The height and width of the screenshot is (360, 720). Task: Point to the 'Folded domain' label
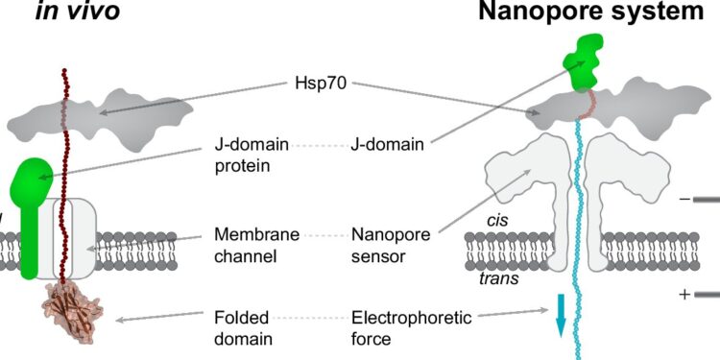tap(243, 326)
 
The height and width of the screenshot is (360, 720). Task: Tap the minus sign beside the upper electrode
tap(684, 200)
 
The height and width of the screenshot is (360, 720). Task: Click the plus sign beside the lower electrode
tap(684, 295)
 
